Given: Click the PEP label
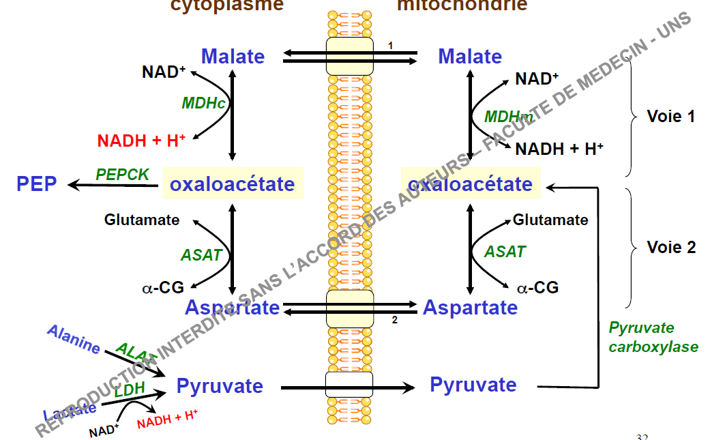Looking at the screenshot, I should [37, 184].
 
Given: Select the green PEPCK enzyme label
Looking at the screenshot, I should [122, 175].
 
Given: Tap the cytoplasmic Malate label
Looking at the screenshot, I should [233, 57].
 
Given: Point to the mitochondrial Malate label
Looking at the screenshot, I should [470, 57].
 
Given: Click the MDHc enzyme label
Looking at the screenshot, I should [203, 103].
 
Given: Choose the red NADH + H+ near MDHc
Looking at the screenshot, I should [141, 141].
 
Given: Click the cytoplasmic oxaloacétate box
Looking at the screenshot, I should [233, 184].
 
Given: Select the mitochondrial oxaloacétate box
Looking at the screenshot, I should [470, 184].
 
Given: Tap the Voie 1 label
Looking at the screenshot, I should [671, 117].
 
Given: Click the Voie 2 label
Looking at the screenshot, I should [671, 247].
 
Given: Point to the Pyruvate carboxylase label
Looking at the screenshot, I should [653, 338].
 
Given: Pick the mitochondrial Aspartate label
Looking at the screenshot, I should [470, 308].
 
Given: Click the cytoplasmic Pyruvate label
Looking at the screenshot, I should [220, 386].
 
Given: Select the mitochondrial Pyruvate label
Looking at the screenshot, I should [473, 385].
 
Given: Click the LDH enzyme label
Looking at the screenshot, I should [129, 391].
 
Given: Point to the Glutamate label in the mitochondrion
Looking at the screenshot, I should [550, 220].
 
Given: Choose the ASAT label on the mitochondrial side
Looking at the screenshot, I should [505, 252].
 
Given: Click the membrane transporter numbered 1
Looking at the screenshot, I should [349, 56].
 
